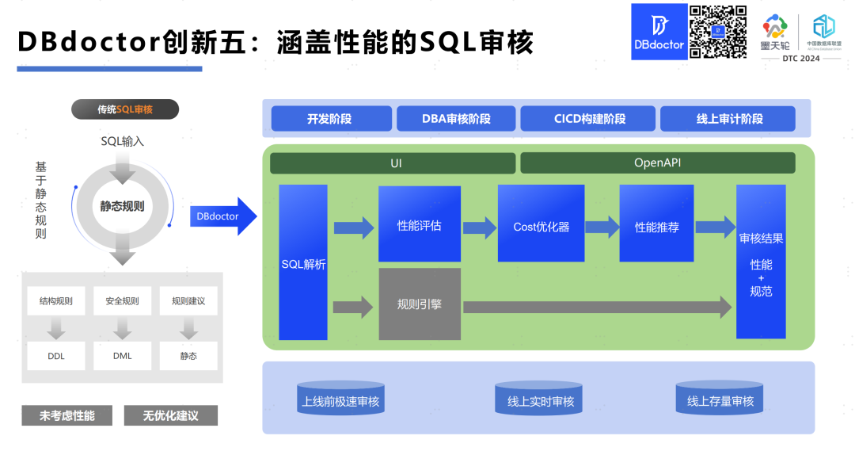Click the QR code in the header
[718, 32]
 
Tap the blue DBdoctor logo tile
[658, 32]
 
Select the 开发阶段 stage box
[331, 119]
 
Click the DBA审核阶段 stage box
[455, 119]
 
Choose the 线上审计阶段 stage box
[728, 119]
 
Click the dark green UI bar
[392, 162]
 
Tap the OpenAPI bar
[657, 162]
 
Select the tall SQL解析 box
[303, 262]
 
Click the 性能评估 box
[419, 224]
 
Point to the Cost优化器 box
[541, 224]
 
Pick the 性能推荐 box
[656, 224]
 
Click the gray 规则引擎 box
[419, 304]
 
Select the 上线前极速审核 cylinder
[340, 400]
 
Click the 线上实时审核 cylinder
[540, 400]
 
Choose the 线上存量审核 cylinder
[720, 400]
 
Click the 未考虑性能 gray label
[67, 415]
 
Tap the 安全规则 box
[122, 301]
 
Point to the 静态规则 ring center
[122, 206]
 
